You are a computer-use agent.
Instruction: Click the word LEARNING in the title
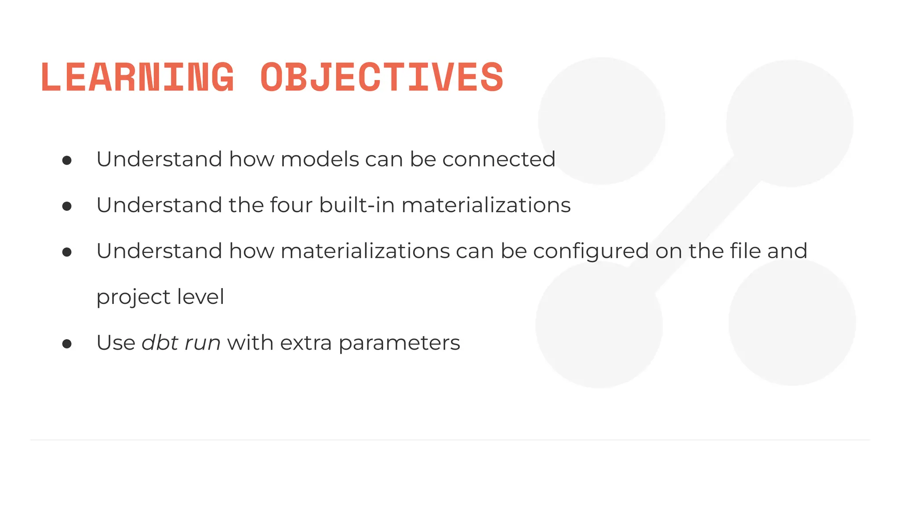[x=137, y=77]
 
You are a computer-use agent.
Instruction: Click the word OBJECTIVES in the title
[x=381, y=77]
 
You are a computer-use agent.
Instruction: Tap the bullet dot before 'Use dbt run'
[x=67, y=344]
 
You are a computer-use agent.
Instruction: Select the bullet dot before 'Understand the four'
[x=67, y=206]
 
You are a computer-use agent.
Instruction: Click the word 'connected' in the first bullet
[x=498, y=159]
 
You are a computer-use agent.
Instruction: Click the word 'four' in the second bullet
[x=290, y=205]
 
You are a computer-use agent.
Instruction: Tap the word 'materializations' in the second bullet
[x=486, y=205]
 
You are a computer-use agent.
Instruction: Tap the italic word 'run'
[x=202, y=343]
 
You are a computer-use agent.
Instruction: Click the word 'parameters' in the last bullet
[x=399, y=343]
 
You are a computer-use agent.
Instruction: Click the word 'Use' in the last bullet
[x=116, y=343]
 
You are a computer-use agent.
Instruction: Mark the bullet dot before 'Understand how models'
[x=67, y=161]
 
